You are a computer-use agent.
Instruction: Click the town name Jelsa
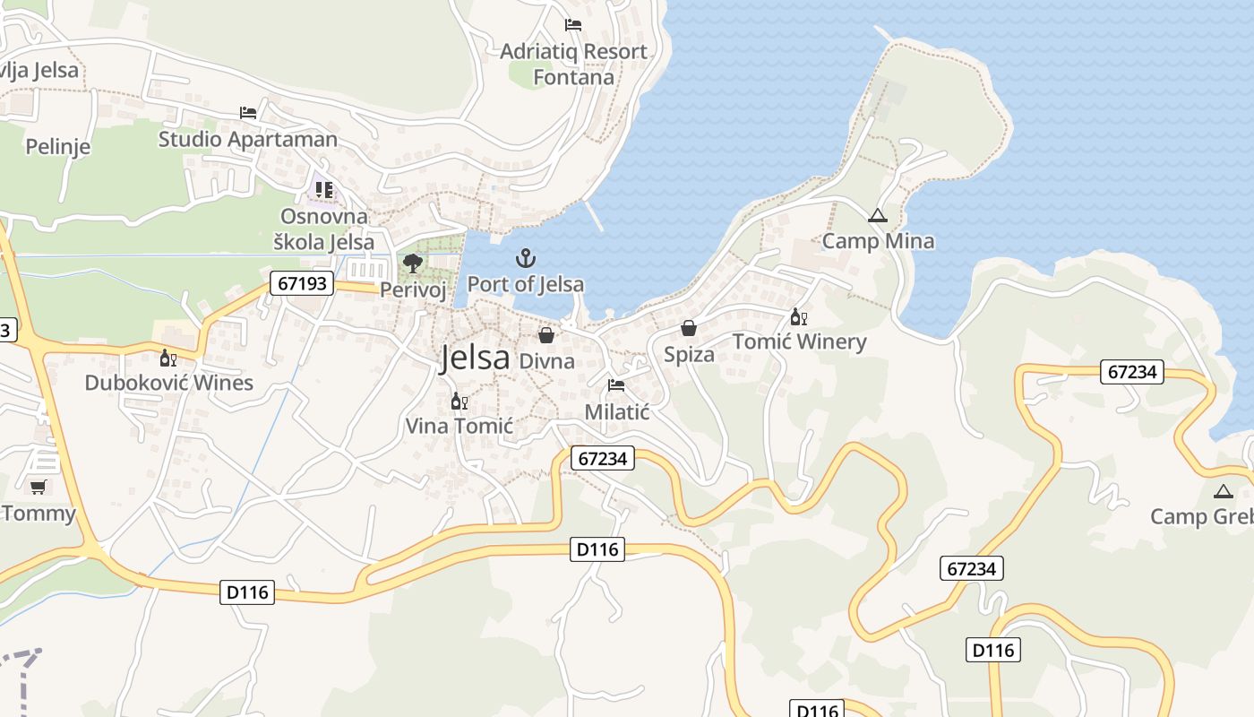click(x=475, y=358)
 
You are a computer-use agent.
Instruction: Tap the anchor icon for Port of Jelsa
click(x=526, y=260)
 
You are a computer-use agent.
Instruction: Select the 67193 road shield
click(x=303, y=284)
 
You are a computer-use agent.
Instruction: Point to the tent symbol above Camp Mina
click(x=877, y=216)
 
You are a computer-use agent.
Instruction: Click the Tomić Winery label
click(x=799, y=341)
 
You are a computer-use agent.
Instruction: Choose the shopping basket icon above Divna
click(x=546, y=335)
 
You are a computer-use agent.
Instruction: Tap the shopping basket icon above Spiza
click(x=689, y=329)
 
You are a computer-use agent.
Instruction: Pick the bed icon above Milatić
click(x=615, y=385)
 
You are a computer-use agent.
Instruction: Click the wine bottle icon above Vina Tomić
click(x=459, y=401)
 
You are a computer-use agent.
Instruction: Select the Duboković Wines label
click(x=168, y=383)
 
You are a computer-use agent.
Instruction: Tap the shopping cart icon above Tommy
click(x=38, y=487)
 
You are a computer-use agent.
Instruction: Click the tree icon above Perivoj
click(x=412, y=263)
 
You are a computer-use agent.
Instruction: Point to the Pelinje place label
click(x=58, y=146)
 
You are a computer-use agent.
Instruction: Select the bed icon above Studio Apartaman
click(x=248, y=113)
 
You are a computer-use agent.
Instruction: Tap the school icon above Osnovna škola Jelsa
click(x=323, y=190)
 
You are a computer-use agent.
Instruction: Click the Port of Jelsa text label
click(x=526, y=284)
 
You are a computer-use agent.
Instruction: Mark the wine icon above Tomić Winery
click(x=798, y=316)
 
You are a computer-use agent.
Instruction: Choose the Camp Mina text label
click(x=878, y=241)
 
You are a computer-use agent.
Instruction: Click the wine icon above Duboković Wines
click(x=167, y=358)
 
